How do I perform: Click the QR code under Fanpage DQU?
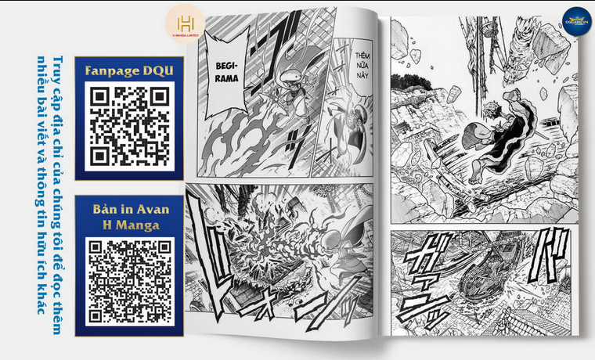point(129,124)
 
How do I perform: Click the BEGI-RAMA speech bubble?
point(226,73)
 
